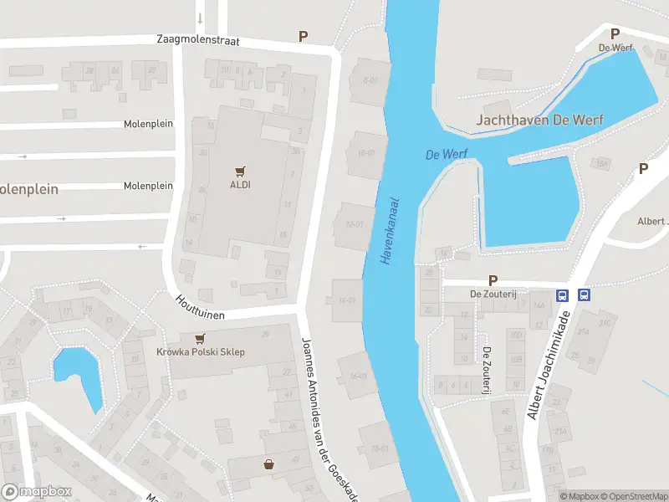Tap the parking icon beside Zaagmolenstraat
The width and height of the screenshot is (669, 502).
point(304,36)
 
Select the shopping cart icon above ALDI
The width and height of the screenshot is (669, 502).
point(241,170)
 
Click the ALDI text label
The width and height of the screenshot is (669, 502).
point(241,185)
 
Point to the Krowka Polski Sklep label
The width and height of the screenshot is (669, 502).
point(201,352)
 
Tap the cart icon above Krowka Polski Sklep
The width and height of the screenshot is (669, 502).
point(200,338)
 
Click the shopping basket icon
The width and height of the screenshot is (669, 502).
point(268,464)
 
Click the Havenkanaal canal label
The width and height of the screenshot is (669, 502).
point(390,231)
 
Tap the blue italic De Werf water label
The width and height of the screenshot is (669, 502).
point(446,155)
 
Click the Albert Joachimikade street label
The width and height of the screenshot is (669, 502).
point(549,366)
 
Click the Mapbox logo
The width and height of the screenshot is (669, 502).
point(37,491)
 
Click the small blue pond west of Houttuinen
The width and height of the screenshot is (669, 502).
point(78,374)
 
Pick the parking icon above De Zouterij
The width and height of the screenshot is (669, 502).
point(493,281)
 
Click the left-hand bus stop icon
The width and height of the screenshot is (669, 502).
point(563,295)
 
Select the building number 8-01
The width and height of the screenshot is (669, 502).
point(370,80)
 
